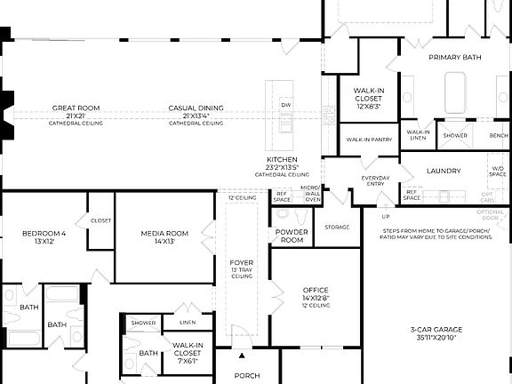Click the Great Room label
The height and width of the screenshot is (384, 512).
76,108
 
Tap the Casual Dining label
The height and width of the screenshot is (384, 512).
196,108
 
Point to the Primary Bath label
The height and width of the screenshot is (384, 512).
454,57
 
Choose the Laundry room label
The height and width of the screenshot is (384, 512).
443,171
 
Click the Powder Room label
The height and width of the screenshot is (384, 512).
292,236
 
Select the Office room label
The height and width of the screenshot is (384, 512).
316,291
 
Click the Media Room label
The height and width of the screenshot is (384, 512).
164,234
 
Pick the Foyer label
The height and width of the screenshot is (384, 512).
242,263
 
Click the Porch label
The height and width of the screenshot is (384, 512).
246,375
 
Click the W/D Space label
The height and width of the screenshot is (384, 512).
497,172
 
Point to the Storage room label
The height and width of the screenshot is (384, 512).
337,228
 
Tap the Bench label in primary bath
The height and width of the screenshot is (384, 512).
498,136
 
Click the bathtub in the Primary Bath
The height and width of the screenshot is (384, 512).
454,93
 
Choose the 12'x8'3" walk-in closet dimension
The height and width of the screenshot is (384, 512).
367,106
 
